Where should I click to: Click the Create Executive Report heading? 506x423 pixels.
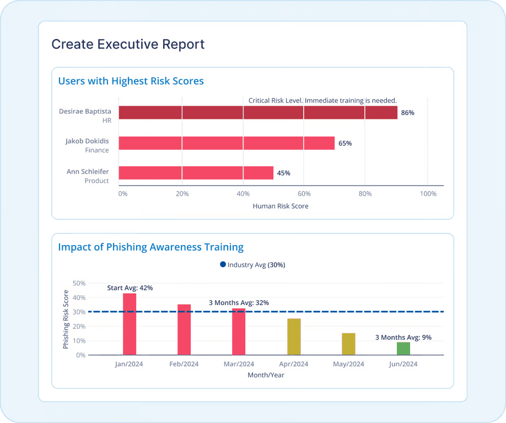[128, 45]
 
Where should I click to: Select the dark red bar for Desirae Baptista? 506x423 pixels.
[257, 113]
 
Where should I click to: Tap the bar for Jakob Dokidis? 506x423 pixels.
[227, 143]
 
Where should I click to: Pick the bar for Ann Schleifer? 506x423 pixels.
[196, 173]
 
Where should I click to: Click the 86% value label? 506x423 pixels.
[407, 113]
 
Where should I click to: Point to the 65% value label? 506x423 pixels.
[345, 143]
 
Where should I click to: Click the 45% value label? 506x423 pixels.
[283, 173]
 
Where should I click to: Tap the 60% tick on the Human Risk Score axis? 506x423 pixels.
[304, 194]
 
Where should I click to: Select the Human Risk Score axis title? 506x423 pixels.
[280, 206]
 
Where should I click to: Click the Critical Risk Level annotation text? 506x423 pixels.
[322, 100]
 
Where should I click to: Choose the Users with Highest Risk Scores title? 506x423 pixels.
[131, 81]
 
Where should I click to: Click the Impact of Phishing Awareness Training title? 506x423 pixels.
[150, 247]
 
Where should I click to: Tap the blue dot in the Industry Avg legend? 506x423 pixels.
[223, 265]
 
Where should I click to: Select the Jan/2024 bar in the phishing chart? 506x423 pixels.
[130, 324]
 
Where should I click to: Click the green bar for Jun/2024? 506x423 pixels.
[403, 348]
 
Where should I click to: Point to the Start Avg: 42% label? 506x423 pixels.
[130, 288]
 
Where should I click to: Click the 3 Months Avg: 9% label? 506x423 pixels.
[403, 338]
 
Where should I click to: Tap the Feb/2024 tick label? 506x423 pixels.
[184, 364]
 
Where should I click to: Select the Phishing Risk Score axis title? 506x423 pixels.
[66, 319]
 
